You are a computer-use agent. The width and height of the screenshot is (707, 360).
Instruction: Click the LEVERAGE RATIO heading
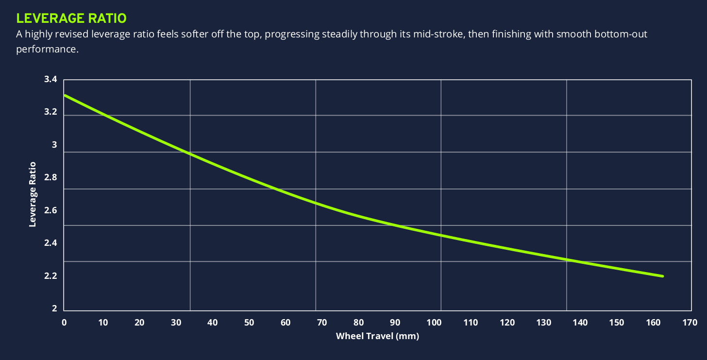pos(71,18)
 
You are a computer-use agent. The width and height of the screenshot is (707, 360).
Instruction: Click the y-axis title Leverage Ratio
pos(33,194)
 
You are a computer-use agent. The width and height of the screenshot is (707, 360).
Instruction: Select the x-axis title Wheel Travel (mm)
pos(377,336)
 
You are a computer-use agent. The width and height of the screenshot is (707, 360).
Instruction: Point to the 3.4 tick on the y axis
pos(50,80)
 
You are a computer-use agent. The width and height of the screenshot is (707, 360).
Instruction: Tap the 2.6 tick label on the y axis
pos(50,210)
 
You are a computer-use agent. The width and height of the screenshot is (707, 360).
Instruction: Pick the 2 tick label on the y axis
pos(54,309)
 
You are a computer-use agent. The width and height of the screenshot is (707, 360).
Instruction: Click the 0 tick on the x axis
pos(64,322)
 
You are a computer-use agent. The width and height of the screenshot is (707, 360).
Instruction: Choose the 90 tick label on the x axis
pos(395,322)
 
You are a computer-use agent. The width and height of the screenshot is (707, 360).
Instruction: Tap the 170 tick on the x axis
pos(690,322)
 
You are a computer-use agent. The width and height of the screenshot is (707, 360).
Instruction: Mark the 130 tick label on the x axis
pos(542,322)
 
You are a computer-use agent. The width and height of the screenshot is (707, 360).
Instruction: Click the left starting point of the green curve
pos(65,95)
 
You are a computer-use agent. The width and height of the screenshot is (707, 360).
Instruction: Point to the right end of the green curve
pos(662,276)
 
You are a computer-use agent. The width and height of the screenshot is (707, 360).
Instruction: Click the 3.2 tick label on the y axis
pos(50,112)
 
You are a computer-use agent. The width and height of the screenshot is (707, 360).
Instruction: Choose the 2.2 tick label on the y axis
pos(50,276)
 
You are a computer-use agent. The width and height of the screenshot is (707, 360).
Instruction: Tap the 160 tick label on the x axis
pos(653,322)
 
